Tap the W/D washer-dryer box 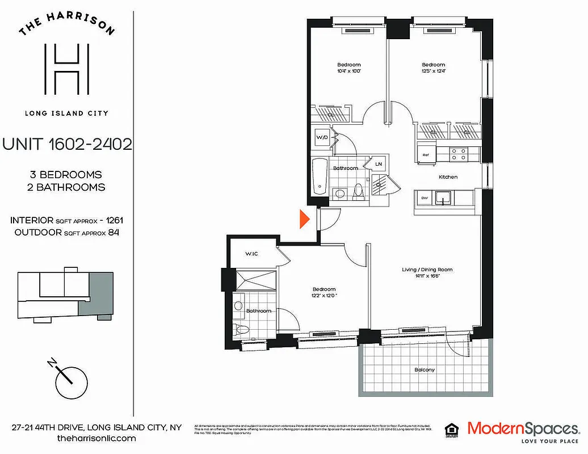(322, 137)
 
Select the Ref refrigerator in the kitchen (426, 153)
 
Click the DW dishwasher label (424, 197)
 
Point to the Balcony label (425, 370)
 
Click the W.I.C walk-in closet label (252, 253)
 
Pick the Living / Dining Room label (426, 270)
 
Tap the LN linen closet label (378, 164)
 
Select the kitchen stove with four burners (459, 153)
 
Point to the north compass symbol (68, 374)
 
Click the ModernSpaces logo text (523, 428)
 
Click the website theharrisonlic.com (97, 439)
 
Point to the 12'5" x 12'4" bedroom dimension (433, 71)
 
